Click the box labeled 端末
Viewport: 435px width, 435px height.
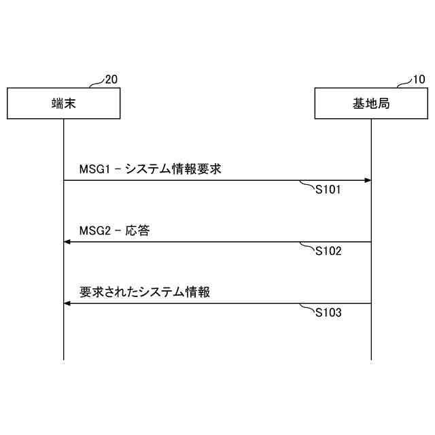tap(63, 103)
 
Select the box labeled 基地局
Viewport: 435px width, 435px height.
tap(371, 103)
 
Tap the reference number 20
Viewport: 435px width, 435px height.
tap(111, 80)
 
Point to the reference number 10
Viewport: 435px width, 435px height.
tap(419, 80)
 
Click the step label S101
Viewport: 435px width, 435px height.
tap(328, 190)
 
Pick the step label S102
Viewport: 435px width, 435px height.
tap(328, 251)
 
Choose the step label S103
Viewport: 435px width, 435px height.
tap(328, 313)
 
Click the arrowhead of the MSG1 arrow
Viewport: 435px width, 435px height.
tap(368, 180)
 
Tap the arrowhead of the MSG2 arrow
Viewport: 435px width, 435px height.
tap(67, 242)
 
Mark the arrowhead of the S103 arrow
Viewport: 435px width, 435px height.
tap(67, 303)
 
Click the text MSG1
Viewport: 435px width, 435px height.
tap(92, 169)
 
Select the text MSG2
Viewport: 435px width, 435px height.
tap(92, 230)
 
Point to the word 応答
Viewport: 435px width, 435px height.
tap(137, 230)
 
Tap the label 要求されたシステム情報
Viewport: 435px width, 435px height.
tap(145, 292)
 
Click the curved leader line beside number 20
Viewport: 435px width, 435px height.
tap(97, 83)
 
